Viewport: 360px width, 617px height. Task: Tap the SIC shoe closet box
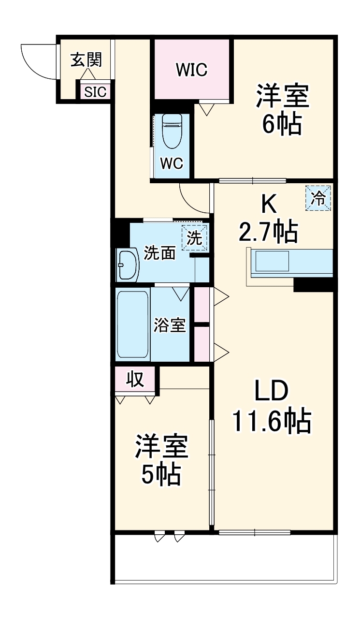pos(95,92)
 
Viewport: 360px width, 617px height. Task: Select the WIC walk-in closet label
pos(191,70)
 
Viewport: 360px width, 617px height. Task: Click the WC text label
pos(172,164)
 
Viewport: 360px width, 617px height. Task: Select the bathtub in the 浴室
pos(132,324)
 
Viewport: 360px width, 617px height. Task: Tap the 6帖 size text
pos(282,124)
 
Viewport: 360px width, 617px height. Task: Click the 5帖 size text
pos(161,475)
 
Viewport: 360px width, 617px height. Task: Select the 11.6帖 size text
pos(271,421)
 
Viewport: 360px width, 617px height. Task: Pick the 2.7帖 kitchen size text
pos(268,233)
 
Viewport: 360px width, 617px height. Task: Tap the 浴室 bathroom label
pos(170,325)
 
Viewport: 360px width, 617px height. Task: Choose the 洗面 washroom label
pos(159,253)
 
